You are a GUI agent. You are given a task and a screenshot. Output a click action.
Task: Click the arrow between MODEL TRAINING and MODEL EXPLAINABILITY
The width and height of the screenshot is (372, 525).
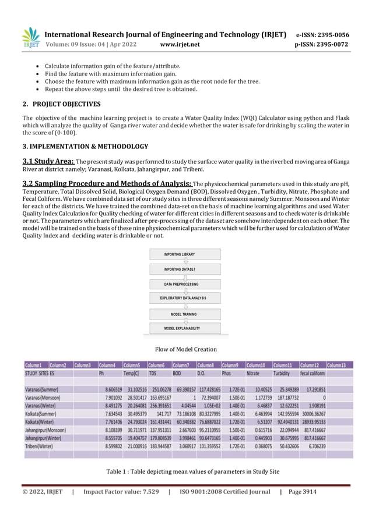pyautogui.click(x=185, y=321)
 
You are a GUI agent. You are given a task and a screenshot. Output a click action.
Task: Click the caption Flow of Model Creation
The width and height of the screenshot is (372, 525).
pyautogui.click(x=185, y=349)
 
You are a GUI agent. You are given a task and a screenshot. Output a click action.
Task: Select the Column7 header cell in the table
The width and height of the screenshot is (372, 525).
pyautogui.click(x=184, y=364)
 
